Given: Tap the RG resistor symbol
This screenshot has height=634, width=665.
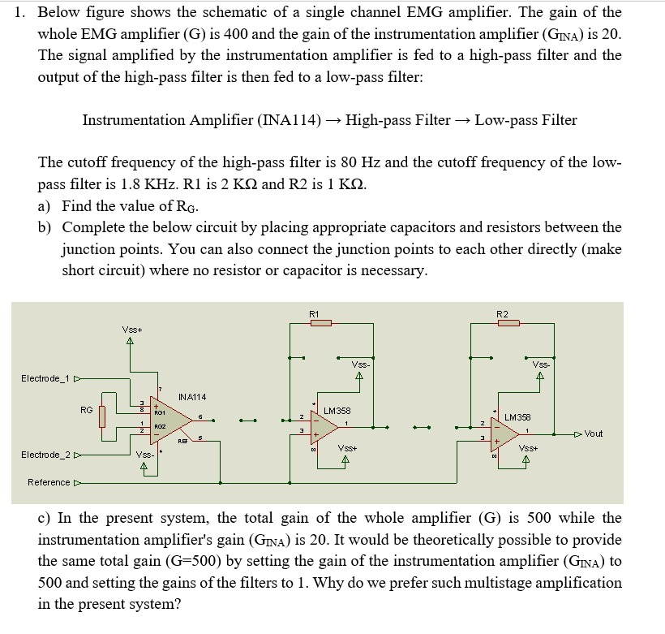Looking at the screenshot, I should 101,416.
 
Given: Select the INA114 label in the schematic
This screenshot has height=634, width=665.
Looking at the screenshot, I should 192,397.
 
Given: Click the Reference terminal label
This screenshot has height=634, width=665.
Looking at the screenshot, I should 49,482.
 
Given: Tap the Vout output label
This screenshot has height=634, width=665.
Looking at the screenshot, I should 593,433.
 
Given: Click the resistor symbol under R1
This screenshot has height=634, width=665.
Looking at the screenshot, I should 321,323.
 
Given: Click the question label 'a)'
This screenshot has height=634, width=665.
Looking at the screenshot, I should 46,205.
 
